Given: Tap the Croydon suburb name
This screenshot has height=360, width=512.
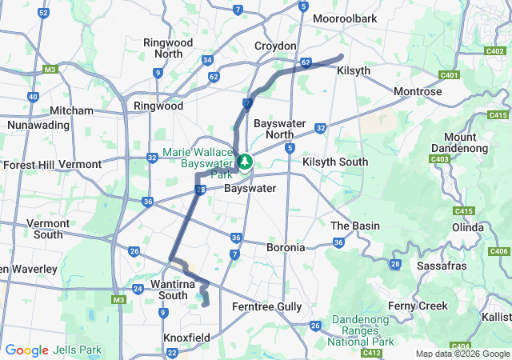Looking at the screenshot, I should click(x=275, y=46).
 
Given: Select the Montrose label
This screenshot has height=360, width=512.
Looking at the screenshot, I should click(x=418, y=91).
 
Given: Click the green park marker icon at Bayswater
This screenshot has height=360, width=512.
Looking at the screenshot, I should click(x=244, y=162).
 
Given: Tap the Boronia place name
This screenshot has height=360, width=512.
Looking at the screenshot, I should click(x=286, y=247).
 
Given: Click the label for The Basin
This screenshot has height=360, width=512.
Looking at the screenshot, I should click(x=355, y=226).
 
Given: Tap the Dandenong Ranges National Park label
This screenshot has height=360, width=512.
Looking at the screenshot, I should click(x=360, y=330).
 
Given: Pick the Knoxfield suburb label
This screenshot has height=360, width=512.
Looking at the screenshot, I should click(x=186, y=338).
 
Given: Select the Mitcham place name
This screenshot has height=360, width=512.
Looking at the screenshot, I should click(x=71, y=110).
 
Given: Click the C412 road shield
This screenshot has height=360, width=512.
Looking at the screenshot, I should click(x=371, y=352).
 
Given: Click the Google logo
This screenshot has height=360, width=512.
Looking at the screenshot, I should click(x=27, y=350).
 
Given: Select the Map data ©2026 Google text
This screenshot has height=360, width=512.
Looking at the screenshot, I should click(x=462, y=354).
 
